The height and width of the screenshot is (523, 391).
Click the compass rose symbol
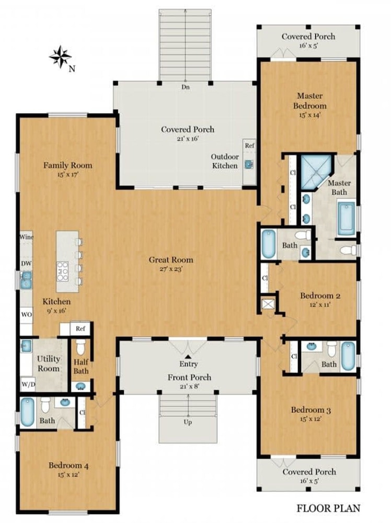coord(60,56)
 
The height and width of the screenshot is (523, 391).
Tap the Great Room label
coord(170,260)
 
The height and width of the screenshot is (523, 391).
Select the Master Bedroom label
coord(309,101)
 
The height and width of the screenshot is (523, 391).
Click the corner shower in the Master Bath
coord(316,172)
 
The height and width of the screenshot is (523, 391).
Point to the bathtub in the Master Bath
coord(346,217)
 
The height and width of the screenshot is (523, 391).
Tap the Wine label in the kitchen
coord(26,237)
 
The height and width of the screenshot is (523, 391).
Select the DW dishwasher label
coord(26,263)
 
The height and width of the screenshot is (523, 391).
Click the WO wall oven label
coord(27,314)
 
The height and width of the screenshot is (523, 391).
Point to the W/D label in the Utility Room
coord(28,384)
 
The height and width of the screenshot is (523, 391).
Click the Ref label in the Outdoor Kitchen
coord(250,145)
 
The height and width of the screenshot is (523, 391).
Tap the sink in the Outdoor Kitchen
coord(249,164)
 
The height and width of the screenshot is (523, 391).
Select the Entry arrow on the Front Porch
coord(188,356)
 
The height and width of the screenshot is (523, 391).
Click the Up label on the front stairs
coord(188,422)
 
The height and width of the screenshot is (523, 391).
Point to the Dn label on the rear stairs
coord(186,87)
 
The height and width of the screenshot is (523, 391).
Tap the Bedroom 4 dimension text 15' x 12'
coord(68,475)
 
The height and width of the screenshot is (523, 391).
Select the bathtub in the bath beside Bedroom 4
coord(28,412)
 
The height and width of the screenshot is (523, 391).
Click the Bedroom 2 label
coord(320,295)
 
